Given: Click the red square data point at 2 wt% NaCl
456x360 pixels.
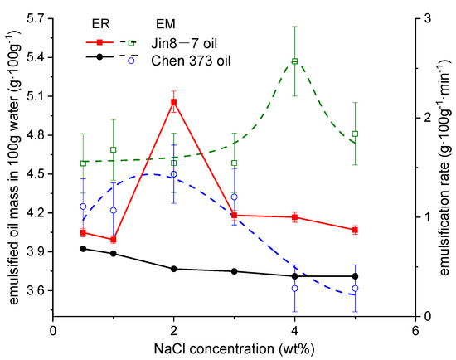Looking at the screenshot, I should pyautogui.click(x=173, y=102).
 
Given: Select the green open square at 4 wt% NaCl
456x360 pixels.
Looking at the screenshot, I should pyautogui.click(x=294, y=61).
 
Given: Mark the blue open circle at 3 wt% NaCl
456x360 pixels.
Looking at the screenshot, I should pyautogui.click(x=235, y=197).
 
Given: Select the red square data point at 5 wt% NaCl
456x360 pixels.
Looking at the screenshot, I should pyautogui.click(x=355, y=230).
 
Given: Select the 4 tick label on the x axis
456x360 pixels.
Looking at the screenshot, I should pyautogui.click(x=294, y=329).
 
